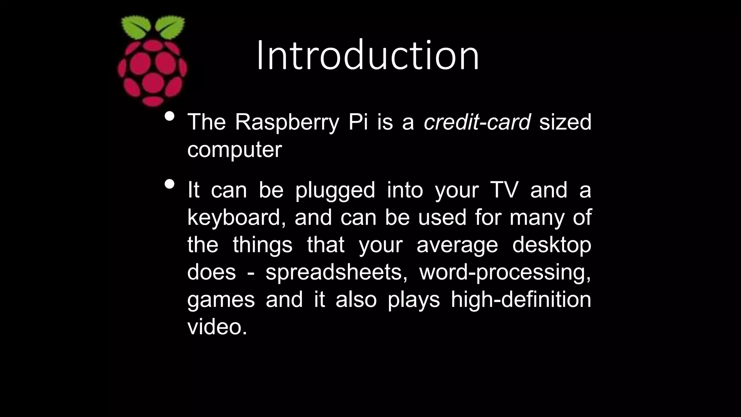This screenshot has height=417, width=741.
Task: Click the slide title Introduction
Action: click(x=368, y=56)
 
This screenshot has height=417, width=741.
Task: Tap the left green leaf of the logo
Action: click(x=136, y=27)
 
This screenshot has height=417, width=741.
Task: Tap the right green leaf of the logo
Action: click(x=170, y=27)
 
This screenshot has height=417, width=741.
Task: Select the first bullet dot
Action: click(x=169, y=117)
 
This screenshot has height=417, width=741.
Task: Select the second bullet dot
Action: click(x=169, y=184)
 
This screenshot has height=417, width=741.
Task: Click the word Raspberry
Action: click(x=287, y=122)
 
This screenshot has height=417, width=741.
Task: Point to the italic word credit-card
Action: click(x=477, y=122)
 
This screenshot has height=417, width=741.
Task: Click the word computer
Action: click(x=234, y=149)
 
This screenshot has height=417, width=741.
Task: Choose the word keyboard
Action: click(x=234, y=218)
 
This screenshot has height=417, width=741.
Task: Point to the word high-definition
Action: click(x=521, y=300)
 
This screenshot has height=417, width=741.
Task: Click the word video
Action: click(x=217, y=327)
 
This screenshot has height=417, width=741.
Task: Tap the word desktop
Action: click(x=551, y=245)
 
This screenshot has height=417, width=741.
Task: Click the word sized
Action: click(x=565, y=122)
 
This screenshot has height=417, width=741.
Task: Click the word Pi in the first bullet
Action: click(x=357, y=122)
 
